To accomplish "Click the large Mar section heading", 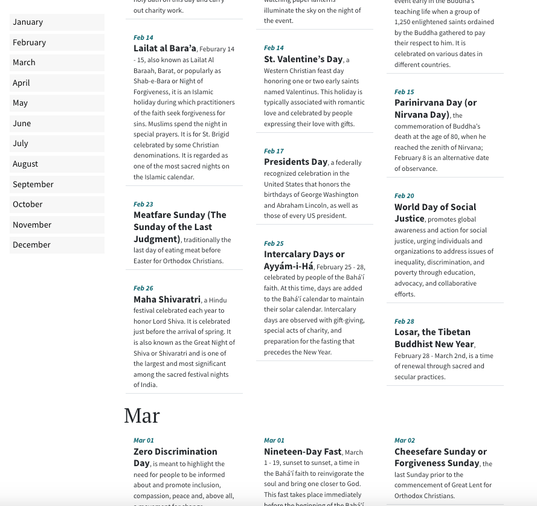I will pyautogui.click(x=142, y=415).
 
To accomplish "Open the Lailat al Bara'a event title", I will pyautogui.click(x=165, y=48).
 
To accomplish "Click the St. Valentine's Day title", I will pyautogui.click(x=303, y=59).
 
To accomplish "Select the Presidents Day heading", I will pyautogui.click(x=295, y=162).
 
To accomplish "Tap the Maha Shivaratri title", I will pyautogui.click(x=167, y=299).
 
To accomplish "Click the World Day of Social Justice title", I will pyautogui.click(x=435, y=213).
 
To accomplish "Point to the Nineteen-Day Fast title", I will pyautogui.click(x=303, y=452).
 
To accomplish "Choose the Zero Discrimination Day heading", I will pyautogui.click(x=175, y=457).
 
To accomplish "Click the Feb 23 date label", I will pyautogui.click(x=143, y=204).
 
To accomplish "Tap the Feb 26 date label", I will pyautogui.click(x=143, y=288).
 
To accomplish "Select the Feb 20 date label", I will pyautogui.click(x=404, y=196).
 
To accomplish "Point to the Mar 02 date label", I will pyautogui.click(x=404, y=440).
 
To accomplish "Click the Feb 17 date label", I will pyautogui.click(x=274, y=151).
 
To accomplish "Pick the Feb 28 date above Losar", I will pyautogui.click(x=404, y=321).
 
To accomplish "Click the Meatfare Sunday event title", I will pyautogui.click(x=179, y=226).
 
